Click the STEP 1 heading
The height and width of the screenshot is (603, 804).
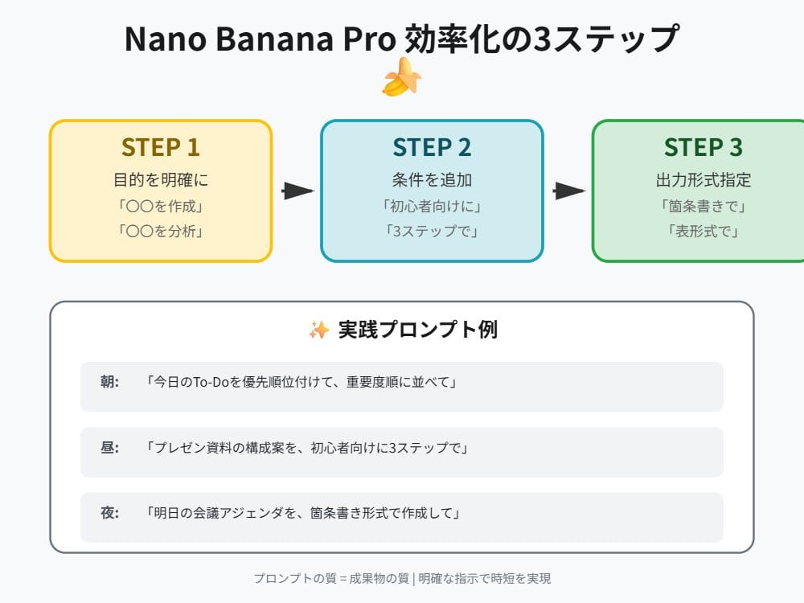[161, 147]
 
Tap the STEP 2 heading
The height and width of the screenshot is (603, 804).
[432, 147]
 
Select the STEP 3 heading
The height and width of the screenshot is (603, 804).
[703, 147]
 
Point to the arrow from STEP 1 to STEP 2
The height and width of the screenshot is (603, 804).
[297, 191]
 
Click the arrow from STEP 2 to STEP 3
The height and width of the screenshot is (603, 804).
[568, 191]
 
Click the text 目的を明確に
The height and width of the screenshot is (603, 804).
[161, 179]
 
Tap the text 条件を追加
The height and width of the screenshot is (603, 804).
[432, 179]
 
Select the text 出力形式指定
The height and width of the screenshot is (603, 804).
[703, 179]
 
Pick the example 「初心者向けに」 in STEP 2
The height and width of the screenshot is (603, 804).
[432, 206]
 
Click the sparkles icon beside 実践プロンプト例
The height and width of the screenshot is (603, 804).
[318, 330]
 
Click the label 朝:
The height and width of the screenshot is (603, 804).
[110, 383]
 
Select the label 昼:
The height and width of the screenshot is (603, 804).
[110, 448]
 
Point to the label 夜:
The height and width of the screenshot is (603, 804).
[110, 513]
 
